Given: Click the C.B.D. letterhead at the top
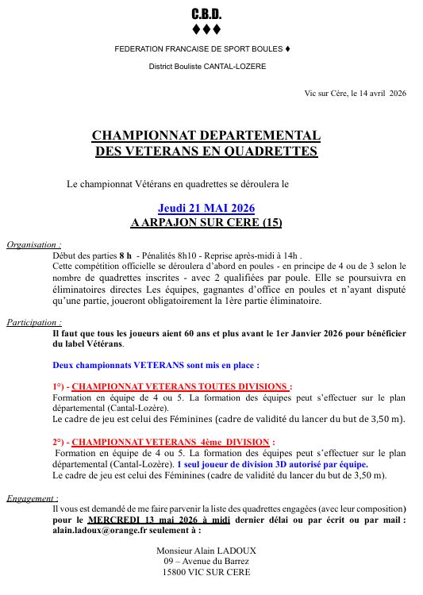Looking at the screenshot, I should (206, 15).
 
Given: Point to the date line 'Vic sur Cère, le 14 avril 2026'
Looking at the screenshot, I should (355, 93).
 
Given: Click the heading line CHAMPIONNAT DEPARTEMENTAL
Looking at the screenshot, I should (206, 136).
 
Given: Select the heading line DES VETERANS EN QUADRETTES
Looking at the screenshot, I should (206, 151).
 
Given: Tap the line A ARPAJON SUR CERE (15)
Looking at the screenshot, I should (206, 222).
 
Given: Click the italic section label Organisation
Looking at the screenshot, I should (33, 245).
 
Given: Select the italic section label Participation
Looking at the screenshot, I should (34, 323).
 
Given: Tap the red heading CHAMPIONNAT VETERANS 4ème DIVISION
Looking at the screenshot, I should (173, 443).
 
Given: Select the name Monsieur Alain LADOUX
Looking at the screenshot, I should (206, 550).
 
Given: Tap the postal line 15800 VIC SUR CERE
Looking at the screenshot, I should (206, 571).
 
